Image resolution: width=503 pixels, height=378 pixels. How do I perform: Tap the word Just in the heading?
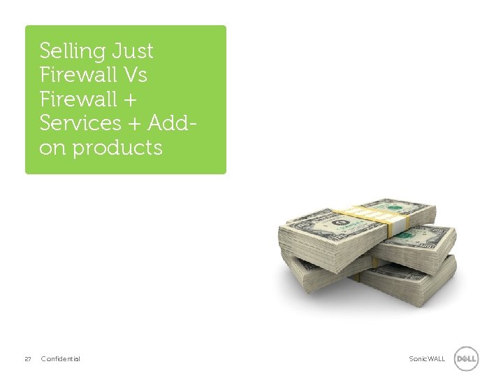pos(131,51)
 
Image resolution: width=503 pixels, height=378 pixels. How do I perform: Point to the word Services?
pos(81,123)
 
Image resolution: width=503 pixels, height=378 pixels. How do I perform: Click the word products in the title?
pos(117,148)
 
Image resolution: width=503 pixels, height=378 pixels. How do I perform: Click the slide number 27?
pos(28,359)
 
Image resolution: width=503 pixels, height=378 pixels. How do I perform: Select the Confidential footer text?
pos(61,359)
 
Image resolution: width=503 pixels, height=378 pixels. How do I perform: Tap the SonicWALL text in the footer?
pos(427,359)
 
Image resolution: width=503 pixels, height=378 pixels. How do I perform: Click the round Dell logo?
pos(466,359)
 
